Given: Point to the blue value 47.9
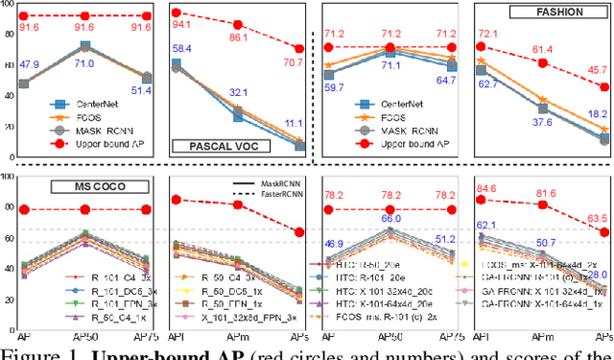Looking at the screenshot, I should pyautogui.click(x=28, y=65).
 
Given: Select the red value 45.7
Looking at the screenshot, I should pyautogui.click(x=597, y=70).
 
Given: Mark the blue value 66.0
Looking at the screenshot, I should pyautogui.click(x=390, y=219).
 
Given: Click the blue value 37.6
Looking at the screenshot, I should pyautogui.click(x=542, y=122).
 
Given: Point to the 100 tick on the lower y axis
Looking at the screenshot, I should pyautogui.click(x=7, y=177).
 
